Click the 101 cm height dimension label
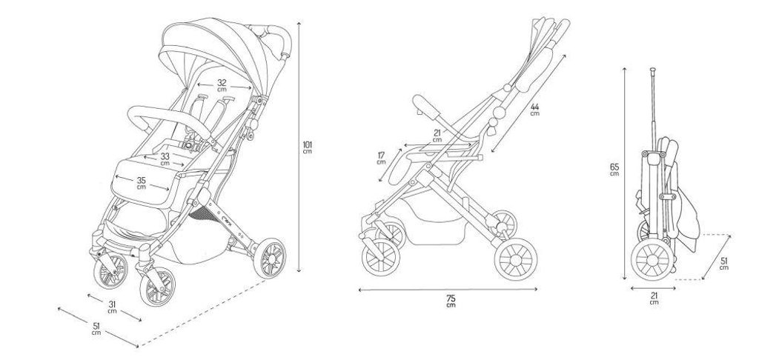[307, 147]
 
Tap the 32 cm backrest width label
[222, 85]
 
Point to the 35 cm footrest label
[141, 183]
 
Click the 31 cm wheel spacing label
[113, 307]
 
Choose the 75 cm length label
[451, 301]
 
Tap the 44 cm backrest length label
[535, 110]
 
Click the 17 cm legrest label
[382, 159]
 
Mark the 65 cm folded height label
[614, 170]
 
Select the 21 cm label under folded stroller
[654, 299]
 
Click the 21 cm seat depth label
[437, 136]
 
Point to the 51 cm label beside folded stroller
[723, 264]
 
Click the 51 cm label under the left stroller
[96, 329]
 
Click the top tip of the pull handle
[652, 69]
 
